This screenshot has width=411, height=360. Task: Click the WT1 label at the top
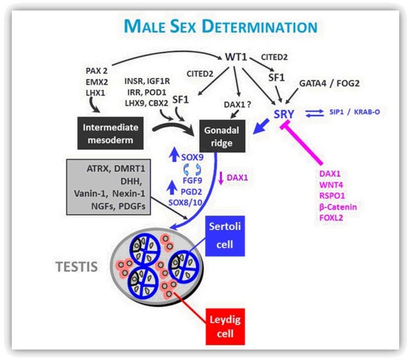[x=236, y=57]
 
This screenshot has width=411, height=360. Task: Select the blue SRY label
[x=284, y=114]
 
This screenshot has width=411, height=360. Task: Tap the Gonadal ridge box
[x=222, y=136]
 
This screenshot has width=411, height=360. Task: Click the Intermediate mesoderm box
[x=111, y=133]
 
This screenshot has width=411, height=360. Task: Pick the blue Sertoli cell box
[x=225, y=236]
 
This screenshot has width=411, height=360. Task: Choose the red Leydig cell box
[x=225, y=326]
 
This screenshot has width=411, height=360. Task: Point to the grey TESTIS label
[x=76, y=267]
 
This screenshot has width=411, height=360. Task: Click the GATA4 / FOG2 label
[x=329, y=84]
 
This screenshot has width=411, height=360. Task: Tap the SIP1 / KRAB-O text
[x=354, y=112]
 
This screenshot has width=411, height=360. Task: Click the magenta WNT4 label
[x=331, y=185]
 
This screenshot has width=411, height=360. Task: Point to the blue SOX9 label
[x=192, y=158]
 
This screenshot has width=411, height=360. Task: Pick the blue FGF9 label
[x=192, y=181]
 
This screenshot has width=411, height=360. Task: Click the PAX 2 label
[x=96, y=71]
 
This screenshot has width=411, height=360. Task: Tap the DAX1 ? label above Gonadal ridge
[x=238, y=105]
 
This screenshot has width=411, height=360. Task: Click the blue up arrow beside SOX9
[x=174, y=154]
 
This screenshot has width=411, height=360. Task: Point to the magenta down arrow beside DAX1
[x=221, y=178]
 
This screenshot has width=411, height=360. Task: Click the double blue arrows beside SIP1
[x=315, y=113]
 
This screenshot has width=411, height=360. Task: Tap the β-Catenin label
[x=338, y=207]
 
